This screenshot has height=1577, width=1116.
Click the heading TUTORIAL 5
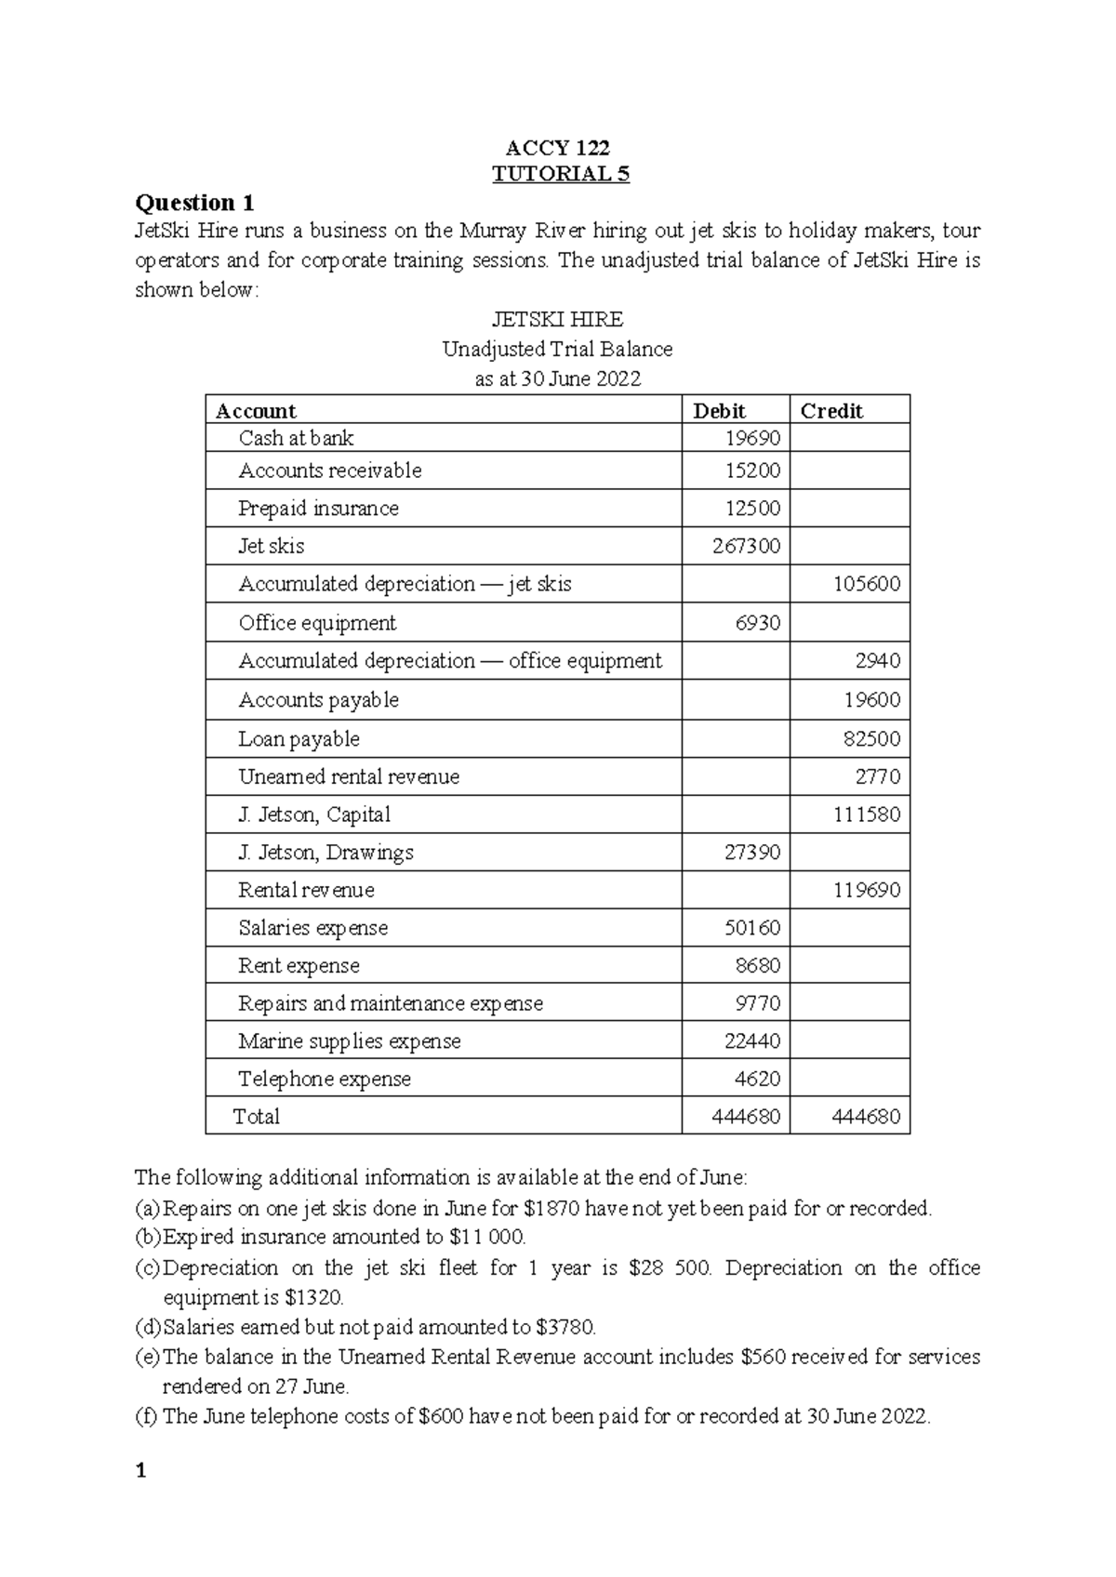560,174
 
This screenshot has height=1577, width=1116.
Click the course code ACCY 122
557,148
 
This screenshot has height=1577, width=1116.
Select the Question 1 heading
194,203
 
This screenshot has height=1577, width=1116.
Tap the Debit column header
719,411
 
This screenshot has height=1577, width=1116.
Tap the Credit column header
831,411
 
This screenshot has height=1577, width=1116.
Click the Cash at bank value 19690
752,438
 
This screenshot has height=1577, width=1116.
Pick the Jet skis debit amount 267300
746,546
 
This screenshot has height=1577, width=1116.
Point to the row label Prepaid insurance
318,509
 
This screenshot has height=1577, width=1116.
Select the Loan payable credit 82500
871,739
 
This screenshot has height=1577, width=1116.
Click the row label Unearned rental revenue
349,776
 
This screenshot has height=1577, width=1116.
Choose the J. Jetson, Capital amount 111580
866,815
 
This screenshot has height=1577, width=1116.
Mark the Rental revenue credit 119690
866,890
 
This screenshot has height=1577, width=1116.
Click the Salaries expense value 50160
751,928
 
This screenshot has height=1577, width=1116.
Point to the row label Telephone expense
325,1079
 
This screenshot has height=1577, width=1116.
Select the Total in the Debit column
746,1117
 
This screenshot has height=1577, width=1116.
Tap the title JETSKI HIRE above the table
557,320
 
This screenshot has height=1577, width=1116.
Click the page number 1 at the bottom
140,1471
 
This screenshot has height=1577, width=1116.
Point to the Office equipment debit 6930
757,623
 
